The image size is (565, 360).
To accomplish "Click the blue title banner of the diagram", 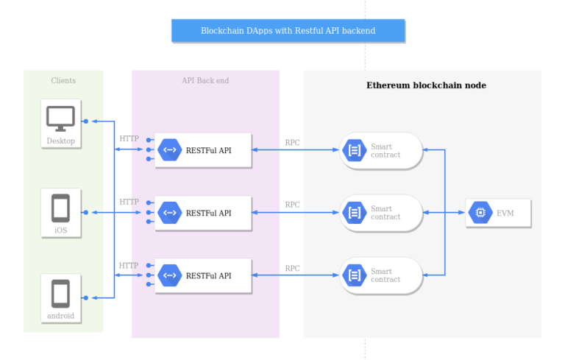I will click(x=288, y=31).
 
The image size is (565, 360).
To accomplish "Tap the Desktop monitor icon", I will click(x=60, y=118).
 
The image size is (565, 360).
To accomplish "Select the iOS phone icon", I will click(x=60, y=208).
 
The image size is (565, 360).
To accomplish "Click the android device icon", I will click(x=60, y=294).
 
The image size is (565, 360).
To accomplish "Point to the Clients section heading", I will click(x=63, y=80).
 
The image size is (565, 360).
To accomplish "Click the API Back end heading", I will click(x=205, y=80).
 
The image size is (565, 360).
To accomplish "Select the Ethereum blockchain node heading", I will click(x=426, y=85).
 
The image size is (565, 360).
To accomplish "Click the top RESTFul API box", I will click(x=203, y=150).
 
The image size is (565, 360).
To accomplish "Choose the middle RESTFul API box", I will click(x=203, y=213).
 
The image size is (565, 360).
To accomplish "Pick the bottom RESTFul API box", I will click(x=203, y=275).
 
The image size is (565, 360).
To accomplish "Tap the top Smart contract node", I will click(x=380, y=150).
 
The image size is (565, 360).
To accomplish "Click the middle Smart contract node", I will click(x=380, y=213).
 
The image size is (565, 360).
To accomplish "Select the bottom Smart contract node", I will click(x=380, y=275).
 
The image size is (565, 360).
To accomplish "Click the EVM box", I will click(x=498, y=213).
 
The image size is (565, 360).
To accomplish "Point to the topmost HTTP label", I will click(x=129, y=138).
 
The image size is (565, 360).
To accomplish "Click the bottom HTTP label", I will click(x=129, y=265).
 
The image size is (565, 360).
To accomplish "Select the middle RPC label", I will click(x=292, y=205).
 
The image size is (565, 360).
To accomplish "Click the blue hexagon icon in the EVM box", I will click(x=480, y=213).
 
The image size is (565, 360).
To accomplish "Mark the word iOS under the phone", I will click(x=60, y=230).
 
